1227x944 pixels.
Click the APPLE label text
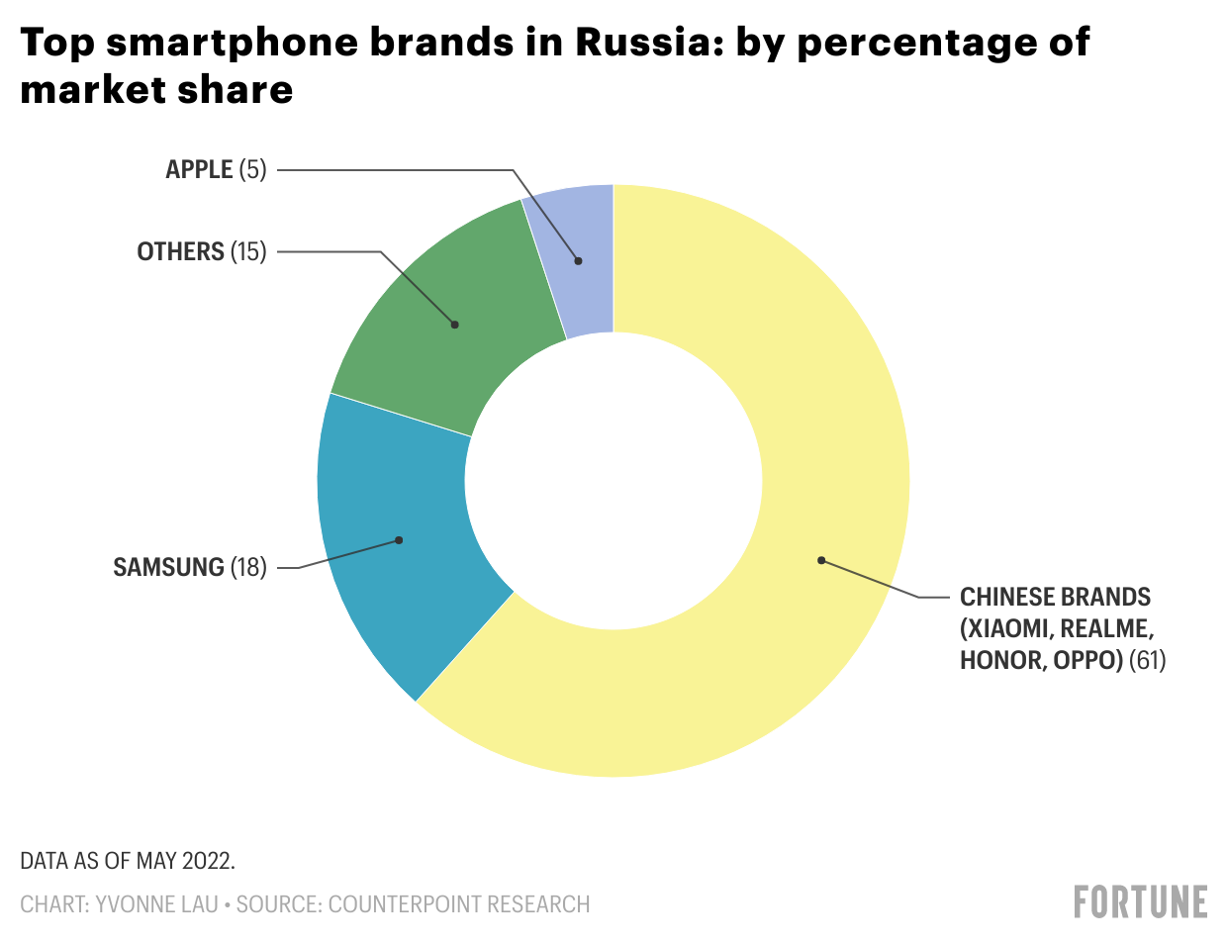point(199,169)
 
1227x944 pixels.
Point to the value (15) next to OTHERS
point(248,251)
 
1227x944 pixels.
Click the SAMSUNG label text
point(168,567)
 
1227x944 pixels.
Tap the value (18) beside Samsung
point(248,567)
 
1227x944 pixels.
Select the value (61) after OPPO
point(1148,660)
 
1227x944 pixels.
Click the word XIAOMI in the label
point(1007,628)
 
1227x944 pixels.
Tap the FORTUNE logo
point(1140,901)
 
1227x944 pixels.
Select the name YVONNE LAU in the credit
point(156,904)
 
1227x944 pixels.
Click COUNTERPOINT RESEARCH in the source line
point(459,904)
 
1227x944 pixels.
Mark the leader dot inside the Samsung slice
point(399,540)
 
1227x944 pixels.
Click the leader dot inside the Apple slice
point(579,261)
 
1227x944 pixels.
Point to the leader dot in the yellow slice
point(821,561)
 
